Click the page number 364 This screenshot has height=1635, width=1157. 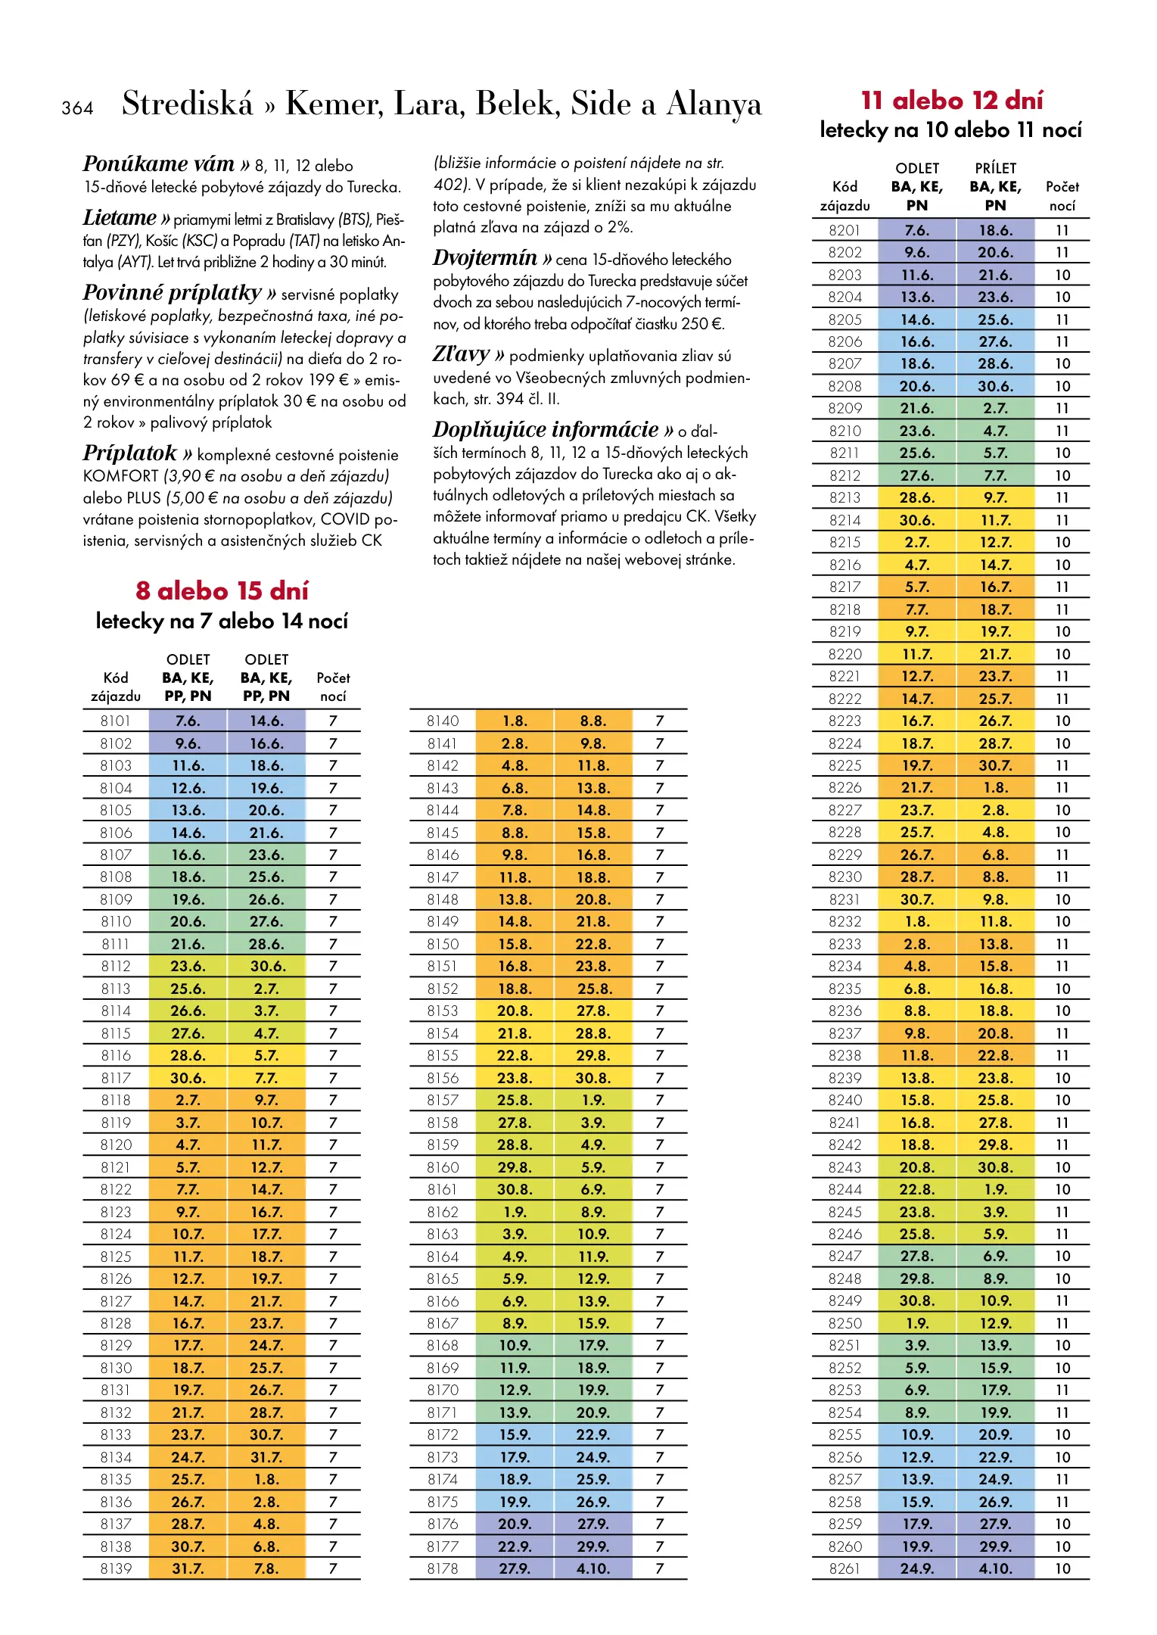click(77, 108)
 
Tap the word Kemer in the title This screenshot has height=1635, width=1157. click(334, 104)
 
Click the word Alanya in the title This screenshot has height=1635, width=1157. click(713, 104)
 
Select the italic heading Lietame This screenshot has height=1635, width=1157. click(120, 218)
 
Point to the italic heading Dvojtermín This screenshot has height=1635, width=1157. click(484, 258)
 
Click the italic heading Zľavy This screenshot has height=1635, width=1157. click(461, 354)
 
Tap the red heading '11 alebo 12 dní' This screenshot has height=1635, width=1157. click(951, 101)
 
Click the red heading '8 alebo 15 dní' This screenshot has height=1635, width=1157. click(222, 590)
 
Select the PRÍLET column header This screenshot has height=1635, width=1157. click(995, 168)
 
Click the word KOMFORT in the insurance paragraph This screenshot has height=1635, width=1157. click(120, 476)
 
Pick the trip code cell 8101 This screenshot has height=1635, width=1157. click(116, 721)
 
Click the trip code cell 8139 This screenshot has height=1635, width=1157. click(116, 1568)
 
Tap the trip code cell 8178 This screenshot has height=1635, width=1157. click(443, 1568)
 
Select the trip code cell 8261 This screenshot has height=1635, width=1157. click(844, 1568)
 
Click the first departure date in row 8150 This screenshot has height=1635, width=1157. click(515, 944)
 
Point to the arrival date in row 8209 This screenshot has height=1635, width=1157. click(995, 408)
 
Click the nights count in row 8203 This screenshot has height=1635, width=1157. click(1062, 275)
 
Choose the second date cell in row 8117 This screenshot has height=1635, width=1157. click(266, 1078)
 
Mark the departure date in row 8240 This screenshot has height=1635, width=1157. click(916, 1100)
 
